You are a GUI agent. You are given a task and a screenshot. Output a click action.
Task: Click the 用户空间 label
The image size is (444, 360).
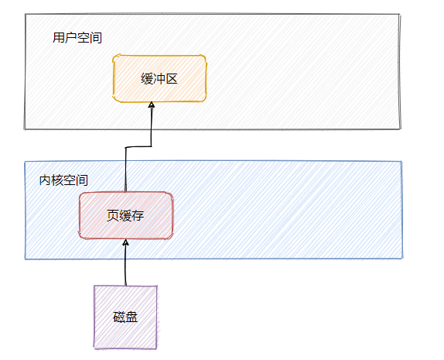tap(77, 37)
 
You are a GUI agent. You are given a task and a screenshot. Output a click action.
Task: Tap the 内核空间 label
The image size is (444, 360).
tap(63, 180)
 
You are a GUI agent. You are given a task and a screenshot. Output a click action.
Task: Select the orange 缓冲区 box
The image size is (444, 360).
tap(160, 78)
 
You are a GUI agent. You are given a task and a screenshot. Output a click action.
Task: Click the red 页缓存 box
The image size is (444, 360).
tap(125, 215)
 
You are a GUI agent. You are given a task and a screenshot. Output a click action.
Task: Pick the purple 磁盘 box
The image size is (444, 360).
tap(125, 317)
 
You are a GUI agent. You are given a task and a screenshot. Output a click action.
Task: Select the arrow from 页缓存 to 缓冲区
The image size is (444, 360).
tap(126, 166)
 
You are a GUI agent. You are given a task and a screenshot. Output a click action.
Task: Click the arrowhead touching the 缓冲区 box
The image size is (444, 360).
tap(152, 107)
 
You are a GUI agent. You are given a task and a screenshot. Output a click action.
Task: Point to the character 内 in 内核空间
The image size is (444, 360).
tap(45, 180)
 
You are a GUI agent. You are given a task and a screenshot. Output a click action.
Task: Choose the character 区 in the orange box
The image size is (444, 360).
tap(172, 78)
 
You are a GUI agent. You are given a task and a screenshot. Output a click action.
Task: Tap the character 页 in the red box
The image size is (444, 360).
tap(113, 215)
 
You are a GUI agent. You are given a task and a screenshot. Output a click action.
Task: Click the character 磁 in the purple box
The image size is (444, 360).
tap(119, 317)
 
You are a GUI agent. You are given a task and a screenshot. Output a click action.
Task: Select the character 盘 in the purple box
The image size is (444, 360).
tap(131, 317)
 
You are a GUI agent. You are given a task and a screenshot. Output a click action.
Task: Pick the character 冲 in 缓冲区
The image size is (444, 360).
tap(160, 78)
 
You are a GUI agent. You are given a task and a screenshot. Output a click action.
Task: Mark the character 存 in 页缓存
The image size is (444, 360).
tap(138, 215)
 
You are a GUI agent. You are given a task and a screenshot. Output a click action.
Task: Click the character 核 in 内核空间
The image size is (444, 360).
tap(57, 180)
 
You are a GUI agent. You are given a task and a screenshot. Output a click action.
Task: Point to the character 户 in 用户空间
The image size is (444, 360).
tap(71, 37)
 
